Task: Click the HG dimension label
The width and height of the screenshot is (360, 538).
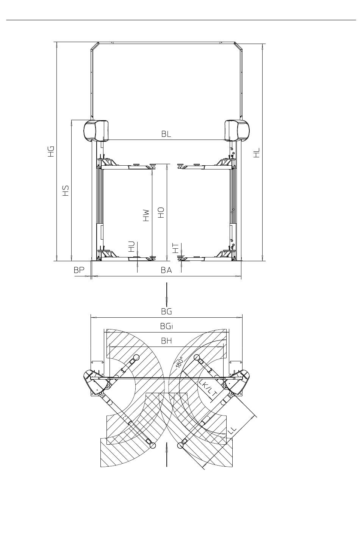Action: (51, 151)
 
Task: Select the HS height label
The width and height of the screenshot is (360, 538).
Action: (66, 190)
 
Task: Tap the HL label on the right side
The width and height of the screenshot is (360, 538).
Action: (257, 152)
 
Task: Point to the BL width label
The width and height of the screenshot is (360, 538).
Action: (166, 134)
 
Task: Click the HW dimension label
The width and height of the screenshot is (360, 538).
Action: (146, 215)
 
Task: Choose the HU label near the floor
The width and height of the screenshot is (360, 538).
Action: (131, 246)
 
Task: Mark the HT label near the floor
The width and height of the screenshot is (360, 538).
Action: (176, 248)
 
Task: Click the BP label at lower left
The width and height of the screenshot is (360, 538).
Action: (79, 270)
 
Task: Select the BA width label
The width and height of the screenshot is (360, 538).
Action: (166, 270)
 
